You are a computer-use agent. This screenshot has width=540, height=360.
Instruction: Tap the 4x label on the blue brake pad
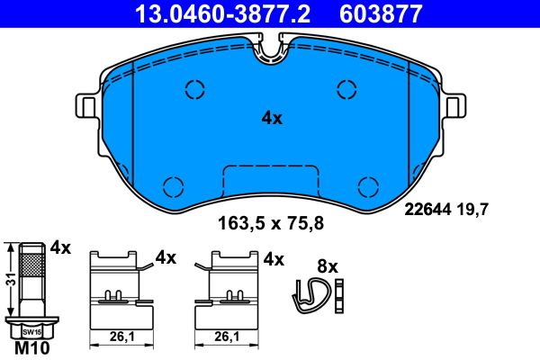pos(272,118)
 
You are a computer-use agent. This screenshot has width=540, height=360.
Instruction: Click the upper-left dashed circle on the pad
pos(195,88)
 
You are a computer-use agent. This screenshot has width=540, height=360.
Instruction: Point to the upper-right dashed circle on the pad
pos(347,88)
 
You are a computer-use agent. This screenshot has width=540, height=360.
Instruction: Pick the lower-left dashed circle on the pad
pos(175,186)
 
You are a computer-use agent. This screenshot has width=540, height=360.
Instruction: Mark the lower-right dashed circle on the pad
pos(367,186)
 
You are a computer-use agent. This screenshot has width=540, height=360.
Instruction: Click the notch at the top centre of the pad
pos(271,52)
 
